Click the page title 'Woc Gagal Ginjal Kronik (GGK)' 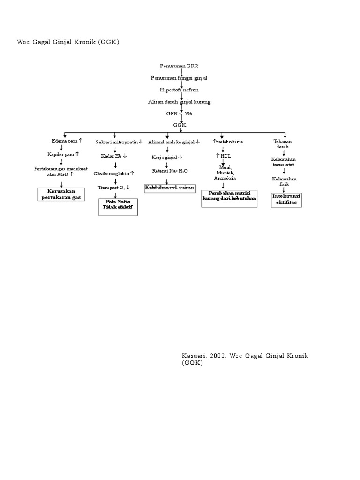tap(68, 42)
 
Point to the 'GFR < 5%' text tap(179, 113)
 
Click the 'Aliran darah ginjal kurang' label tap(180, 101)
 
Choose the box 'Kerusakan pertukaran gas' tap(61, 195)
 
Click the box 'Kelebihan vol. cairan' tap(169, 187)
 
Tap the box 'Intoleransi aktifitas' tap(287, 199)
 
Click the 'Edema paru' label tap(67, 141)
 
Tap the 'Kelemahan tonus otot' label tap(283, 162)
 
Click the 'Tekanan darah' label tap(283, 143)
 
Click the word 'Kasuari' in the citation tap(194, 356)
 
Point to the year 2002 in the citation tap(219, 356)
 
